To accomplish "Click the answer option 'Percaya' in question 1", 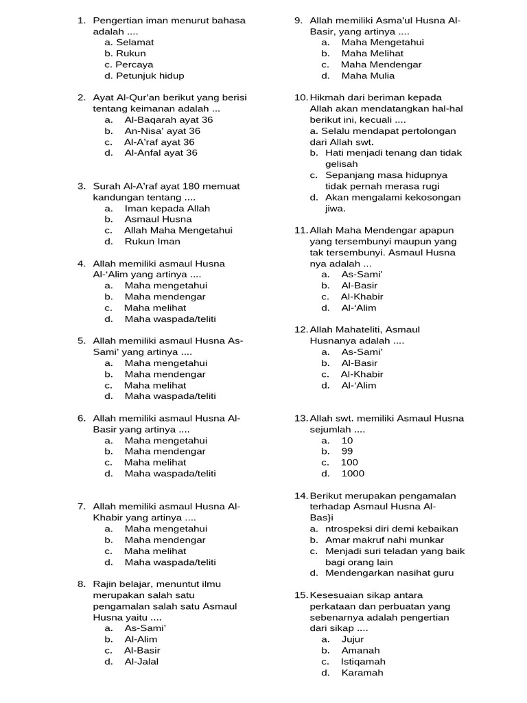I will click(x=134, y=65).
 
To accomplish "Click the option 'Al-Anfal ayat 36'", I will click(x=161, y=152).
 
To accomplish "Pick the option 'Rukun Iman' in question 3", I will click(x=152, y=241).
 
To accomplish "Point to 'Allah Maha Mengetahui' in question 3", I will click(x=178, y=230).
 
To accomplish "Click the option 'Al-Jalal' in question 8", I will click(x=141, y=661).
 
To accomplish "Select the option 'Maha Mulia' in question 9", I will click(x=368, y=76).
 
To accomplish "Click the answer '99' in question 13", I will click(x=347, y=451).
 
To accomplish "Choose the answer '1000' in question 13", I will click(x=353, y=473).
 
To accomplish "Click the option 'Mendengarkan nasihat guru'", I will click(x=389, y=573).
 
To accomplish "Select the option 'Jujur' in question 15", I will click(x=353, y=639).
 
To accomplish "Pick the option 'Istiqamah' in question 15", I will click(x=363, y=661).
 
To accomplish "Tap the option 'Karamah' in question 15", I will click(x=362, y=672).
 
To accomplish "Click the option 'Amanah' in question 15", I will click(x=360, y=650).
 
